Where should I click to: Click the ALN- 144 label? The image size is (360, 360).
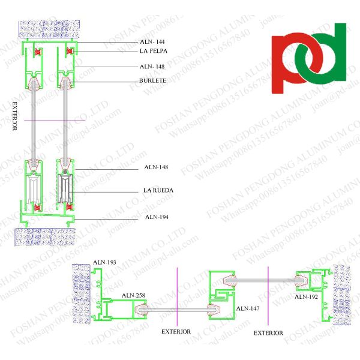pyautogui.click(x=151, y=42)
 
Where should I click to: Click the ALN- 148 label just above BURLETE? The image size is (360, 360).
pyautogui.click(x=151, y=67)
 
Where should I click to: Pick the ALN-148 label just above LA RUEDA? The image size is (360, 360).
pyautogui.click(x=155, y=167)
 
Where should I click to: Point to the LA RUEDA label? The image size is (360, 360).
pyautogui.click(x=158, y=191)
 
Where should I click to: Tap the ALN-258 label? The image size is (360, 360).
pyautogui.click(x=133, y=295)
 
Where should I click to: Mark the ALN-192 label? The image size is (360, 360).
pyautogui.click(x=306, y=296)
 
